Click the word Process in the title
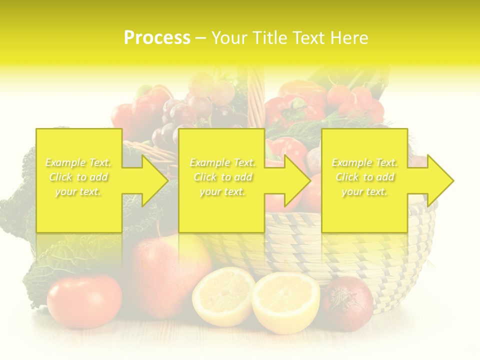click(157, 37)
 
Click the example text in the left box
click(78, 177)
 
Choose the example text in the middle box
click(222, 177)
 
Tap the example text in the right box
click(364, 177)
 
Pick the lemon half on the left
click(222, 296)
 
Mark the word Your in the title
click(229, 37)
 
